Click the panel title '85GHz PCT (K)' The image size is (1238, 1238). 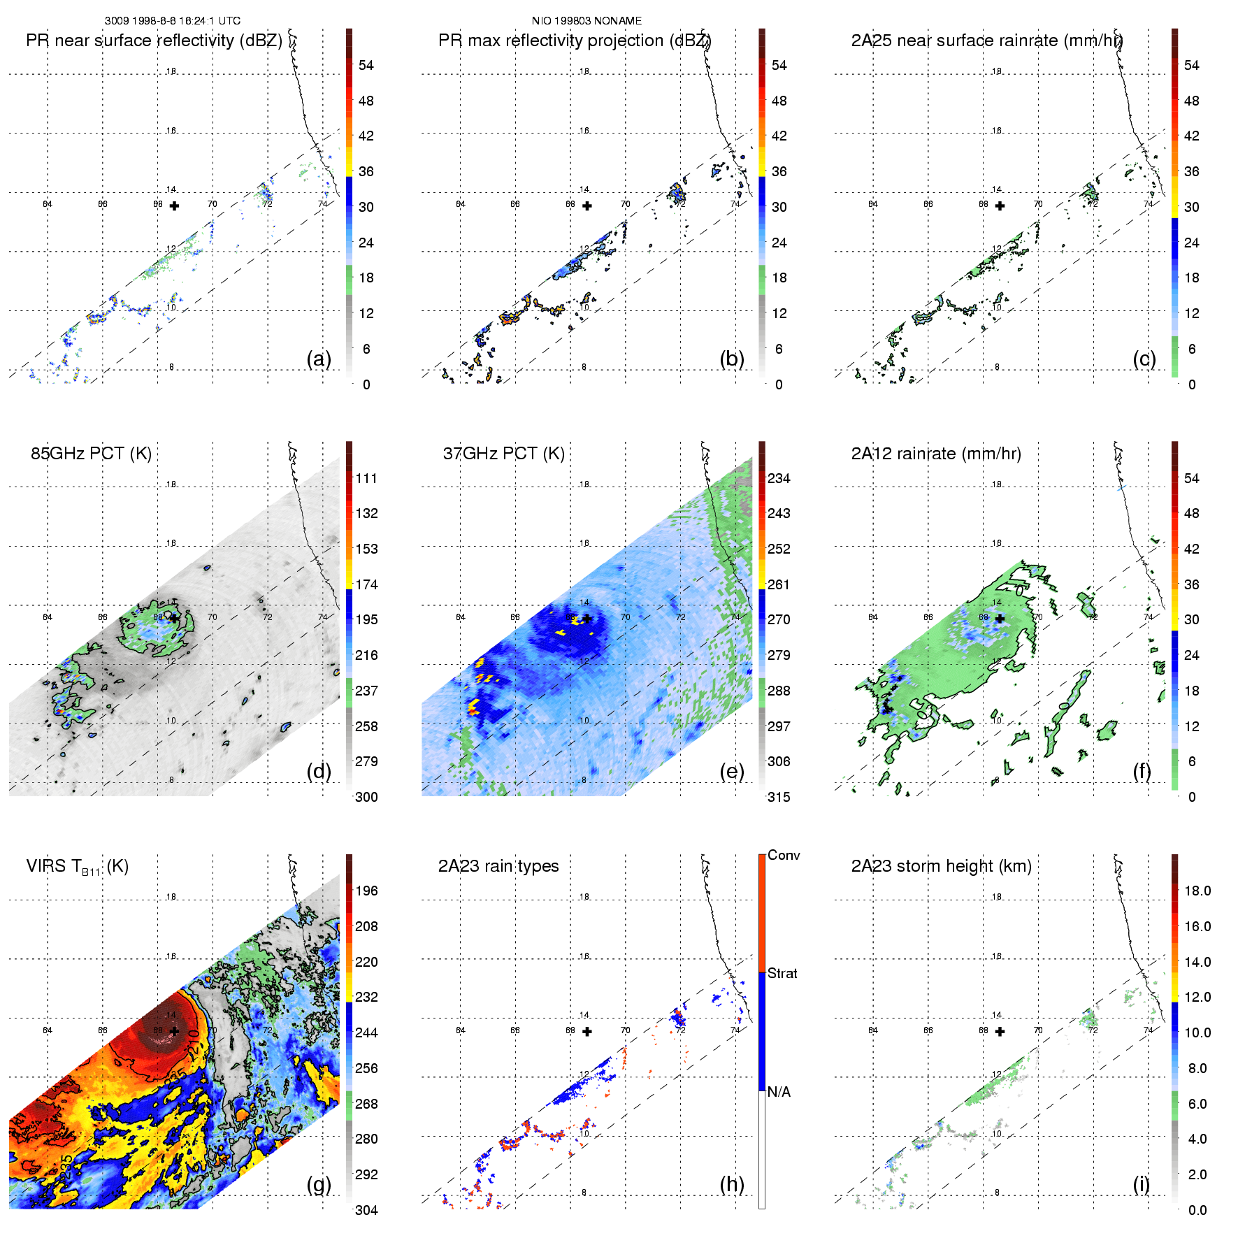(x=91, y=453)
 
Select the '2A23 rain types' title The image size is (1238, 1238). (x=498, y=866)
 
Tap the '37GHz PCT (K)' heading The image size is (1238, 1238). (x=503, y=453)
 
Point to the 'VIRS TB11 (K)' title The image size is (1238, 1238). (x=77, y=867)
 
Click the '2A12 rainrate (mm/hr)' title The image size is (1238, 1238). (x=936, y=453)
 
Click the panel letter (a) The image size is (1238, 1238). (x=319, y=359)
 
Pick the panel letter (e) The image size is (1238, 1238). (x=732, y=771)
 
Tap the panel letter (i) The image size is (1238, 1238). (x=1141, y=1184)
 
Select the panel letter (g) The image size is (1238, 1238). (x=319, y=1184)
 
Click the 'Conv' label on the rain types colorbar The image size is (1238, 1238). (x=784, y=855)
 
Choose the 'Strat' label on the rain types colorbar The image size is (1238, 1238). (x=782, y=973)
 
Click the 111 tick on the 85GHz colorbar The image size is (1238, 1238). (x=366, y=478)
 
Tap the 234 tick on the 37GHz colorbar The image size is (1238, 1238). (x=779, y=478)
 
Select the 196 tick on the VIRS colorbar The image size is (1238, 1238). (x=366, y=891)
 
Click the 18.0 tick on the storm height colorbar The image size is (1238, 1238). (x=1197, y=891)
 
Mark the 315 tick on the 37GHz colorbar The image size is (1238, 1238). (x=779, y=797)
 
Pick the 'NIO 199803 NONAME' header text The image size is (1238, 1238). (x=586, y=20)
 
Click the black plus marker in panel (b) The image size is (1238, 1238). (x=587, y=206)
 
